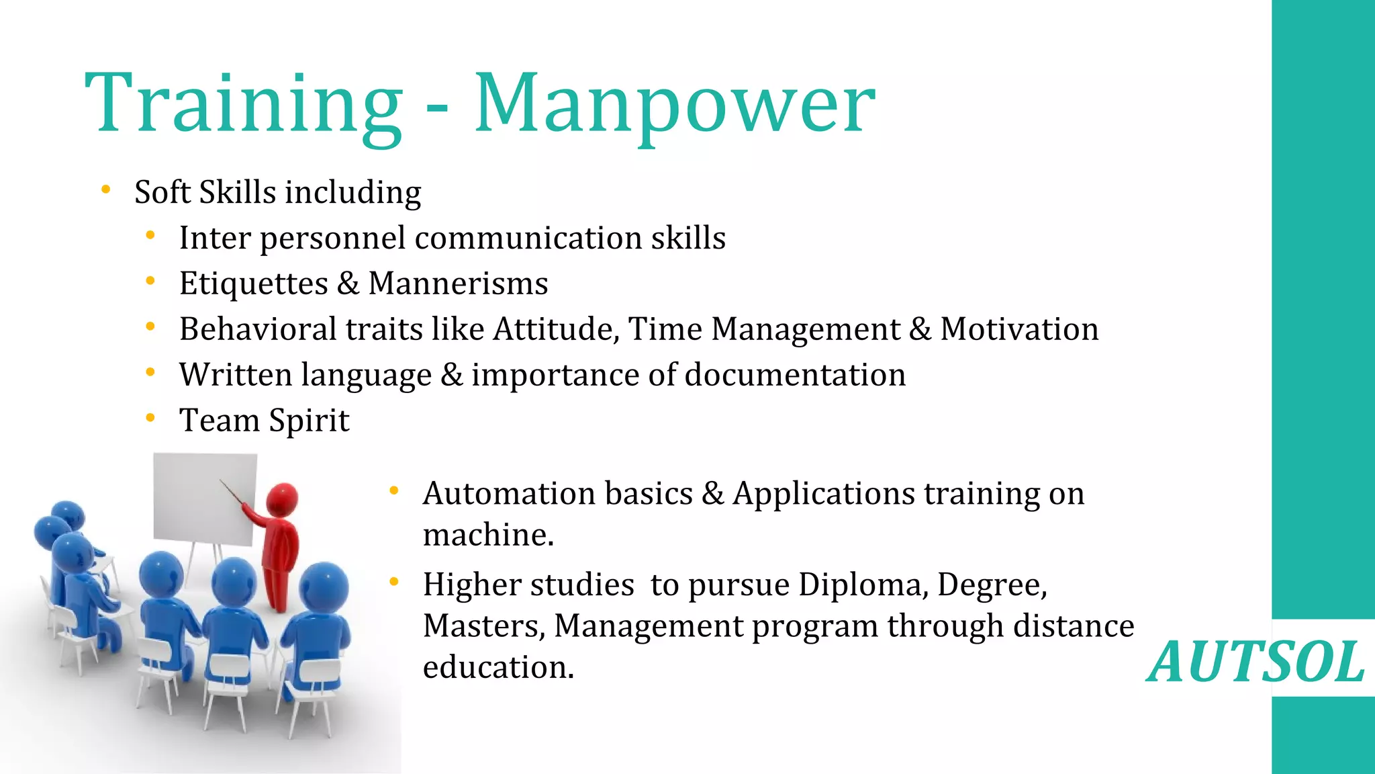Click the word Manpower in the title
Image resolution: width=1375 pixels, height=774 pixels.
click(x=674, y=104)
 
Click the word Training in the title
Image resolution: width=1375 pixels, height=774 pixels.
click(x=243, y=104)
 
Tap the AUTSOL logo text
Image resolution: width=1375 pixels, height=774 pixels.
click(x=1255, y=662)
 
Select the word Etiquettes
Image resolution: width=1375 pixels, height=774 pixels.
click(x=253, y=284)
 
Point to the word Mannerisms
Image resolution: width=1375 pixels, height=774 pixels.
click(x=458, y=284)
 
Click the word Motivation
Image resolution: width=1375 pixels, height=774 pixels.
click(x=1019, y=329)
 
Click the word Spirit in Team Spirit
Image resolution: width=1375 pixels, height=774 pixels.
click(x=309, y=421)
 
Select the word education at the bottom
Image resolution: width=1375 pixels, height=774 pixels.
click(x=498, y=667)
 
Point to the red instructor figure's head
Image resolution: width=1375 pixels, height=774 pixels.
click(x=282, y=500)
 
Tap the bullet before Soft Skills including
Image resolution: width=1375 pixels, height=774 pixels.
click(x=105, y=190)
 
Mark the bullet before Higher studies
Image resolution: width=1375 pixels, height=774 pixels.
click(x=394, y=581)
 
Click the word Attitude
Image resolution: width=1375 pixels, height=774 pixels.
click(x=556, y=329)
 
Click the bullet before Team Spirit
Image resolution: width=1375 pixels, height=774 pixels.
click(x=150, y=418)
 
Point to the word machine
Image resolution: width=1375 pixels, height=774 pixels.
click(x=487, y=535)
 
